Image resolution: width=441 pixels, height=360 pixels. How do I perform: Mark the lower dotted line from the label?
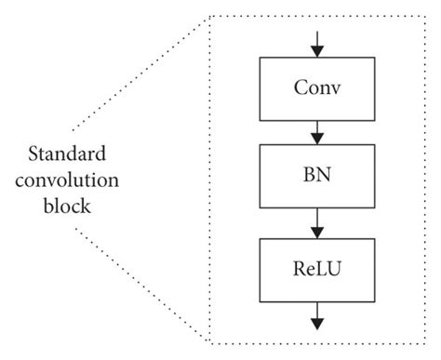point(140,284)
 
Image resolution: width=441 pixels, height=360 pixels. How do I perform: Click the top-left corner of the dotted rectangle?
point(211,16)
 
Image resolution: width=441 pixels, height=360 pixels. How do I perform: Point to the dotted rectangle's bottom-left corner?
point(211,341)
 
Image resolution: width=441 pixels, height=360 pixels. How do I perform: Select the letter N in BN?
point(326,176)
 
